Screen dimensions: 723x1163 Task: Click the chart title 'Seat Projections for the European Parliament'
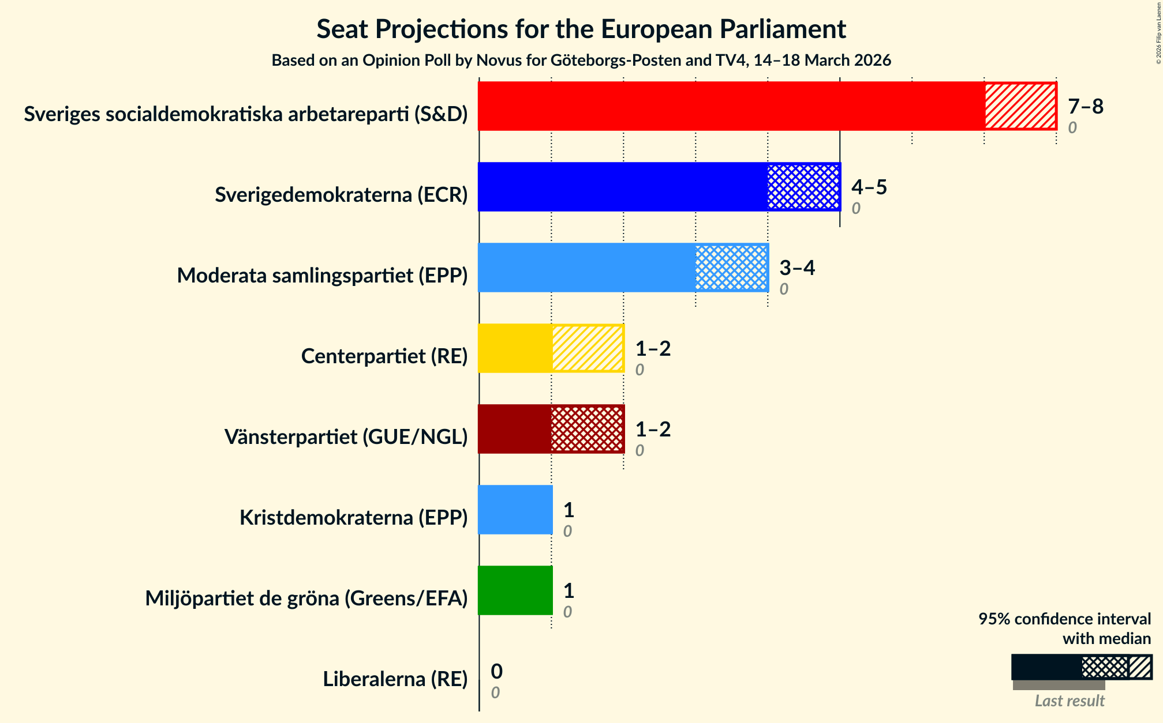pyautogui.click(x=581, y=29)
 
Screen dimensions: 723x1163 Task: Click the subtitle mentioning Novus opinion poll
pyautogui.click(x=581, y=60)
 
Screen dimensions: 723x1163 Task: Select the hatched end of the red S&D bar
pyautogui.click(x=1020, y=106)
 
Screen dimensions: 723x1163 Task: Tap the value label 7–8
pyautogui.click(x=1085, y=107)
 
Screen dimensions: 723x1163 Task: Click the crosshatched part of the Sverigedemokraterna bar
pyautogui.click(x=803, y=187)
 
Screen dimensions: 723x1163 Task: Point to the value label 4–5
pyautogui.click(x=869, y=187)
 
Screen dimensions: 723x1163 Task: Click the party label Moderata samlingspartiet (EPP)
pyautogui.click(x=322, y=276)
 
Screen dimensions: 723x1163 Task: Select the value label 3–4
pyautogui.click(x=797, y=268)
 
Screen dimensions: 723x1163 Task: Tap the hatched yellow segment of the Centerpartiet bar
pyautogui.click(x=588, y=348)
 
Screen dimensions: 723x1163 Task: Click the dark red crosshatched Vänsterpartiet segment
pyautogui.click(x=587, y=429)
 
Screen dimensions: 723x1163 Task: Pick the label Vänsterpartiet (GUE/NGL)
pyautogui.click(x=346, y=437)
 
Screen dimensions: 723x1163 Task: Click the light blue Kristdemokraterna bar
pyautogui.click(x=515, y=510)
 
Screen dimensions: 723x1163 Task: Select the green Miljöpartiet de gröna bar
pyautogui.click(x=515, y=590)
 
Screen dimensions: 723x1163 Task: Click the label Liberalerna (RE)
pyautogui.click(x=395, y=679)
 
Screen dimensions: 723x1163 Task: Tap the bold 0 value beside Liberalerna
pyautogui.click(x=496, y=671)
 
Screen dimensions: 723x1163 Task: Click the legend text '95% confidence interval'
pyautogui.click(x=1064, y=619)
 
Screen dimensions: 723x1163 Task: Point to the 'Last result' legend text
pyautogui.click(x=1069, y=701)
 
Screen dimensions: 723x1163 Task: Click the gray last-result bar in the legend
pyautogui.click(x=1059, y=685)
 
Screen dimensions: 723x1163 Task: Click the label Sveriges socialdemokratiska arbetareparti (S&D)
pyautogui.click(x=245, y=114)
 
